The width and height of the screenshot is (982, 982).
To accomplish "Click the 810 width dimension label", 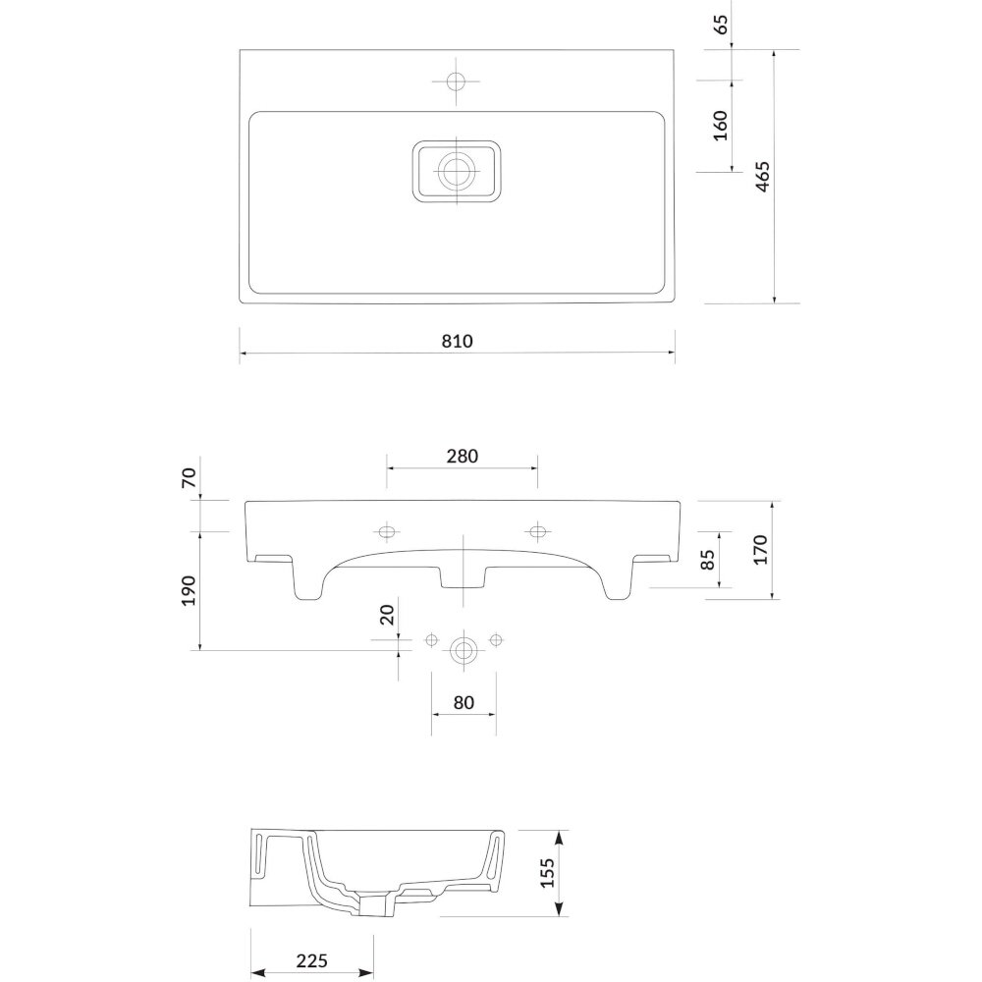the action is (458, 342).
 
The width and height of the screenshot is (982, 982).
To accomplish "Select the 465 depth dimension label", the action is (762, 177).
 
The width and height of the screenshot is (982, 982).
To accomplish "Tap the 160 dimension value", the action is (721, 126).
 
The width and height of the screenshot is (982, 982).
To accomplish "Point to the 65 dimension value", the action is (721, 24).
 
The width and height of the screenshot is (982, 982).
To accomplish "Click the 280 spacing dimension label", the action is (463, 456).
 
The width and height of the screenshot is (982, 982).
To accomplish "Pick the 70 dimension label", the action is (189, 478).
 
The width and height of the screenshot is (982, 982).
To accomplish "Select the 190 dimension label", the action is (189, 590).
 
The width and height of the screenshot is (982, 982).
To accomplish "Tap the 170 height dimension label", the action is (760, 549).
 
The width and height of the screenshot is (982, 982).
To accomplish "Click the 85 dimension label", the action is (707, 560).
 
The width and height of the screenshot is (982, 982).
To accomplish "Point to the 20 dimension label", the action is (388, 615).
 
